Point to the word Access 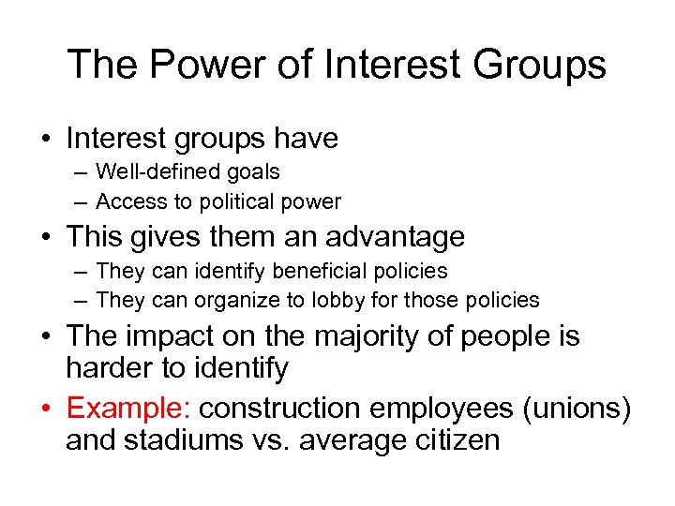[127, 201]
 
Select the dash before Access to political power [81, 201]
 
